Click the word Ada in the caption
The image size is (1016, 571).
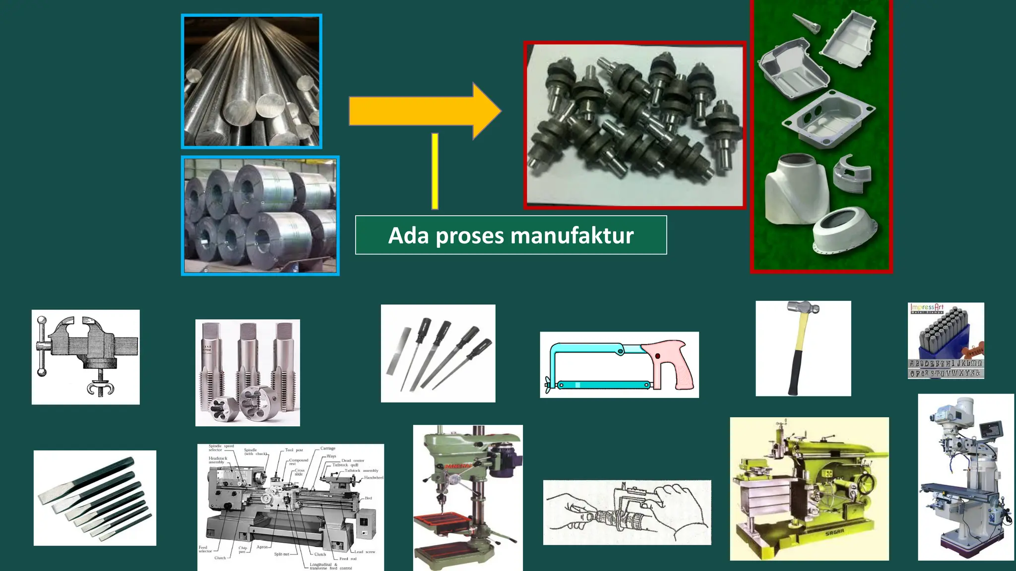click(408, 235)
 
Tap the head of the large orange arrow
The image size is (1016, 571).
click(485, 111)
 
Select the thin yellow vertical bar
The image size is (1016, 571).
click(435, 171)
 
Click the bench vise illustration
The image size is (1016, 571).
click(85, 357)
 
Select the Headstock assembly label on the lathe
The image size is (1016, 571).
click(218, 460)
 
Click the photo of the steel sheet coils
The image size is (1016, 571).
click(260, 216)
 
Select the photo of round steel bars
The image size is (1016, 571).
click(252, 81)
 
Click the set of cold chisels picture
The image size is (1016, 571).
click(94, 498)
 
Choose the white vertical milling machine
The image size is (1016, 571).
click(965, 477)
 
